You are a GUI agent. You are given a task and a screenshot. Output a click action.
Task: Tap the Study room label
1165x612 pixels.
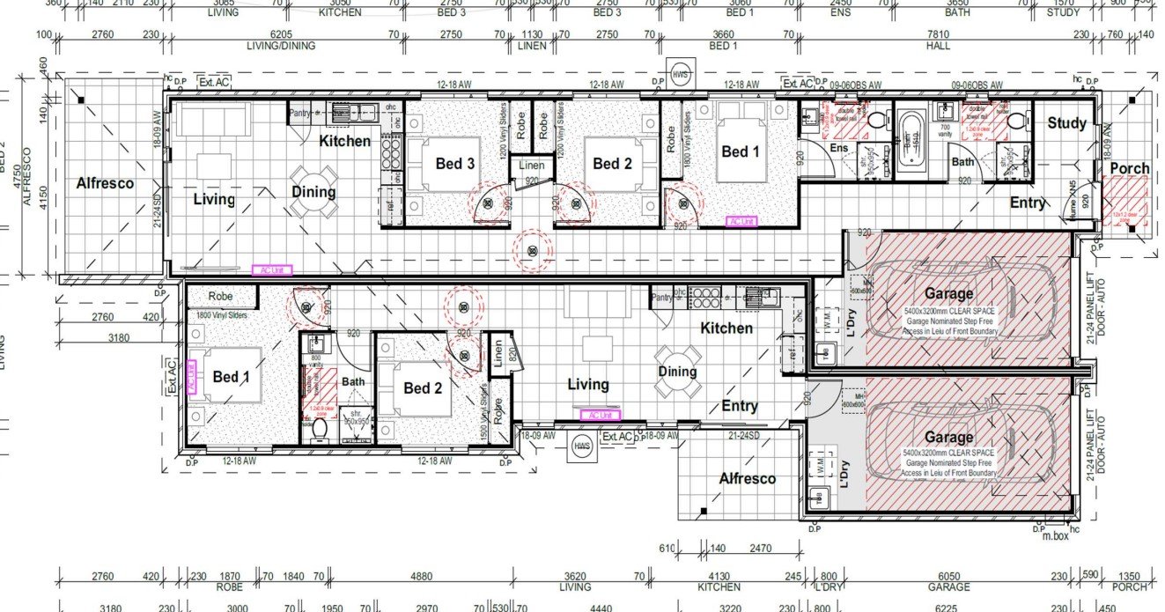click(x=1066, y=123)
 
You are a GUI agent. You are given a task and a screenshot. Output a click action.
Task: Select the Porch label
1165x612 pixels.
click(x=1129, y=168)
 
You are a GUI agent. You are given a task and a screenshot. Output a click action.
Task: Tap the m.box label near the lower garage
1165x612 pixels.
click(x=1055, y=535)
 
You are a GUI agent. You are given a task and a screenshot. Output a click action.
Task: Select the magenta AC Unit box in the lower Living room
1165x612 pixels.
click(x=600, y=414)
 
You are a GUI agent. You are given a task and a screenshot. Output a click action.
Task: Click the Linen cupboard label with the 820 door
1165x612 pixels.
click(x=498, y=354)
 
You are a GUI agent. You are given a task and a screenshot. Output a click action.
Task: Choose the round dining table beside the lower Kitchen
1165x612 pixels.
click(x=677, y=370)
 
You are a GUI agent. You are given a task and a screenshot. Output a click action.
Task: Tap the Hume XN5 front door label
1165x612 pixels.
click(x=1073, y=207)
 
